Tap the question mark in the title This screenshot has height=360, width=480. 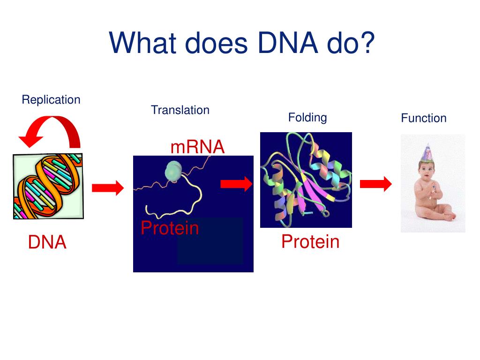[367, 43]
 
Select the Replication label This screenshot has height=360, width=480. [51, 100]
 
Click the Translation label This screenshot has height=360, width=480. [180, 110]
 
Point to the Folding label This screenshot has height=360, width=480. [307, 117]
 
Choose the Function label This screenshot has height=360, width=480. [424, 118]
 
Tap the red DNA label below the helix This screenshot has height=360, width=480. [47, 243]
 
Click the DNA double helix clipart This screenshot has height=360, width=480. [48, 186]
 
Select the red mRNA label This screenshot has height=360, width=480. [197, 147]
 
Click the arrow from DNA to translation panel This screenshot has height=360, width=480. [108, 188]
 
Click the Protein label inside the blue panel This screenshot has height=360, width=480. [170, 228]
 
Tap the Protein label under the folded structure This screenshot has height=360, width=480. [310, 242]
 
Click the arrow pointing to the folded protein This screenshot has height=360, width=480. [236, 184]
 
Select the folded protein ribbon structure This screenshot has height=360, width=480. [306, 180]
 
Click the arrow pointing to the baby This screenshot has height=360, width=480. [375, 184]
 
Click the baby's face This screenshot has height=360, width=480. [427, 169]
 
